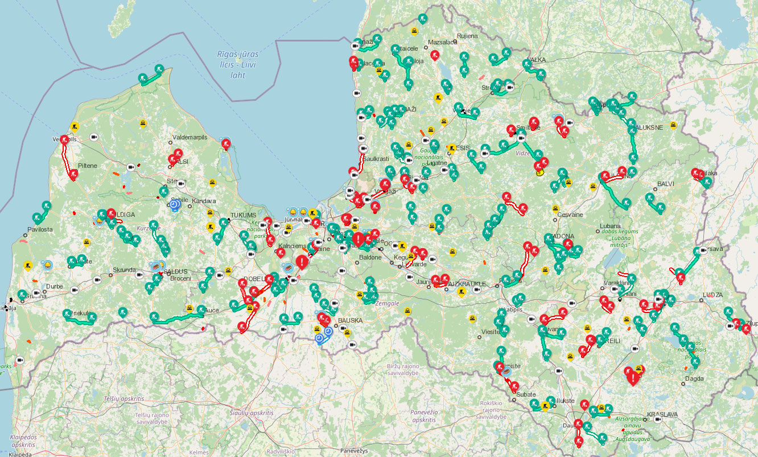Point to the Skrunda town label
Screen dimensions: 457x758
click(124, 269)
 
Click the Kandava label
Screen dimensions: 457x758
click(204, 201)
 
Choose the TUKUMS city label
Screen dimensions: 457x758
click(244, 215)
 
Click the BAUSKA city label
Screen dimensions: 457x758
click(350, 320)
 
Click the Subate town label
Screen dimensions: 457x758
click(526, 394)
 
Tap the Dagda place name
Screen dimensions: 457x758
click(695, 378)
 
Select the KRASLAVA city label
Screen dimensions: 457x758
click(663, 414)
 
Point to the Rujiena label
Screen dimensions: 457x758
click(467, 36)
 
